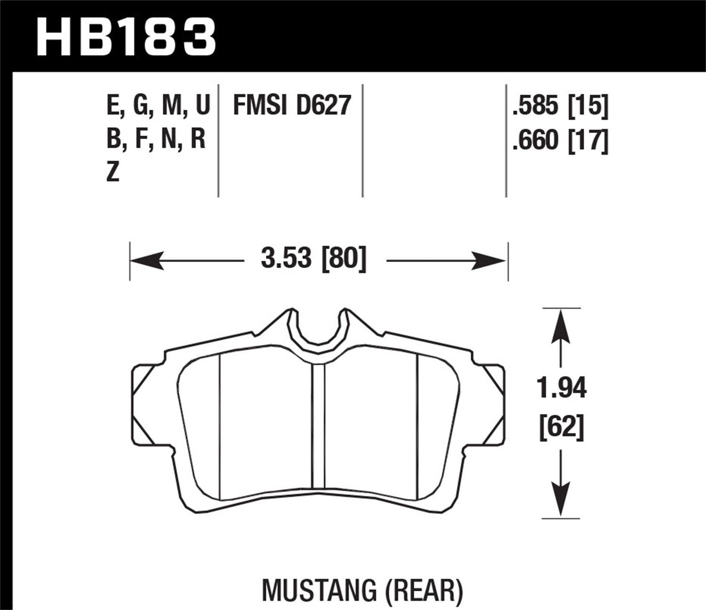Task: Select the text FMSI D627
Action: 292,105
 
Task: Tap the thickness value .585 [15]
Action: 560,106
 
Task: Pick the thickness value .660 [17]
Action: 560,140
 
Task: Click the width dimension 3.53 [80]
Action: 313,259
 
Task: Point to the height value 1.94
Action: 562,389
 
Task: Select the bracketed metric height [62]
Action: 562,428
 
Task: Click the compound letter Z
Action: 113,173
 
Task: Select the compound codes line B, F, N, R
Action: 156,139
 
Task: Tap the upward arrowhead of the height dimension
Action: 561,327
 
